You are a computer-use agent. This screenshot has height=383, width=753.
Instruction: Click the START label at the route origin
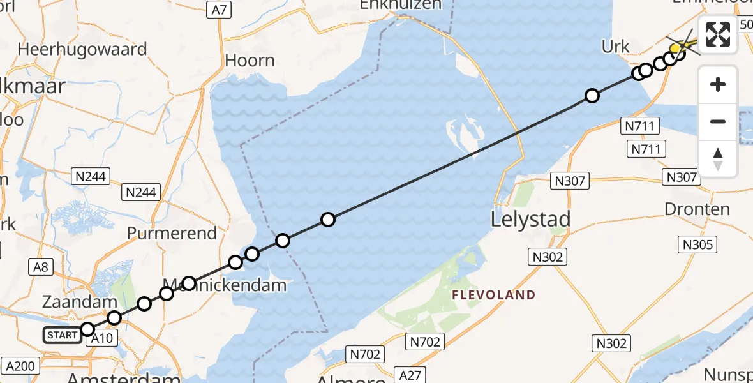(63, 334)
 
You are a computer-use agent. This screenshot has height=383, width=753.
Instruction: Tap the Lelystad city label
(530, 220)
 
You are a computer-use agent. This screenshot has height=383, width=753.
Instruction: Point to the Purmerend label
(172, 233)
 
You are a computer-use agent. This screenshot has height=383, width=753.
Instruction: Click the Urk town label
(616, 47)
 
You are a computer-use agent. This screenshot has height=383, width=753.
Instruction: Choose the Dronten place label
(697, 209)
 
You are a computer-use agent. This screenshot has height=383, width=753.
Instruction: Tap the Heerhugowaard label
(83, 49)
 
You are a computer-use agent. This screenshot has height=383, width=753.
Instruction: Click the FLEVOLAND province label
(493, 295)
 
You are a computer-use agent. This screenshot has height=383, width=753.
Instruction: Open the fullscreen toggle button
(718, 34)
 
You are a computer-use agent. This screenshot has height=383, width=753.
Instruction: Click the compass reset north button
(718, 158)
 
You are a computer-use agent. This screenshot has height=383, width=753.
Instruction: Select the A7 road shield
(218, 9)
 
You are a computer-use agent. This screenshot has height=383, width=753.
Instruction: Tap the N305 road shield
(699, 244)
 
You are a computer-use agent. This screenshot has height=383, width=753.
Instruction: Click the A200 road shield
(20, 366)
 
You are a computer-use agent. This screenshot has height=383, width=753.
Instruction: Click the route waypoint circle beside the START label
(88, 329)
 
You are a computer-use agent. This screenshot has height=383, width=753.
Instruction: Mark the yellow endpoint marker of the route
(676, 49)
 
